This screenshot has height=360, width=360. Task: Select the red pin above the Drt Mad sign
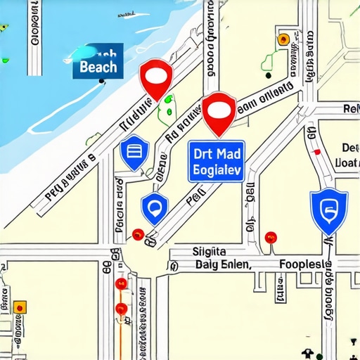point(219,112)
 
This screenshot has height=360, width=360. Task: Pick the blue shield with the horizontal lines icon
point(134,153)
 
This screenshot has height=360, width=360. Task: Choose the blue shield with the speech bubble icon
point(155,207)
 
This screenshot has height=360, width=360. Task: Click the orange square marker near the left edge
point(20,307)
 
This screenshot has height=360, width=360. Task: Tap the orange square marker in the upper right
point(283,39)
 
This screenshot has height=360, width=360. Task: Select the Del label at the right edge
point(349,148)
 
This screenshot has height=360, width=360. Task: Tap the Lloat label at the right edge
point(348,163)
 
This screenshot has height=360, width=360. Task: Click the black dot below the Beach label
point(103,82)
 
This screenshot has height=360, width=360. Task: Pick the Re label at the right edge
point(350,108)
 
